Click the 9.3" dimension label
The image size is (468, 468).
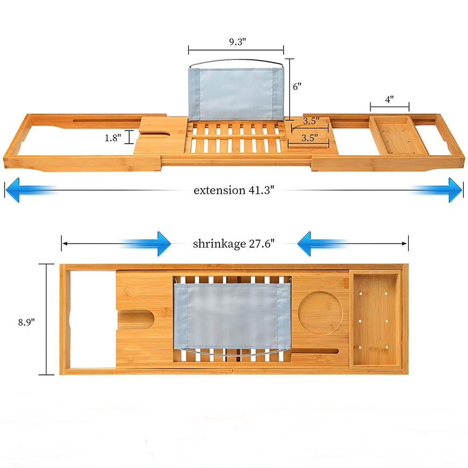tap(238, 42)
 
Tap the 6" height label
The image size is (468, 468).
tap(297, 87)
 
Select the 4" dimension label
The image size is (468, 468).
tap(389, 99)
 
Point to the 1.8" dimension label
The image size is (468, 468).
tap(113, 138)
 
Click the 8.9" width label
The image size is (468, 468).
tap(26, 322)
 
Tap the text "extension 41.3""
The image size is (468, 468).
tap(234, 190)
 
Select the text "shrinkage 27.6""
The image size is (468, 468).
tap(234, 244)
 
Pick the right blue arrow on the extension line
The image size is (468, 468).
tap(437, 190)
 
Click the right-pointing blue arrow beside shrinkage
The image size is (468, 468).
tap(146, 243)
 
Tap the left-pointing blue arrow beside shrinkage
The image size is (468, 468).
tap(322, 243)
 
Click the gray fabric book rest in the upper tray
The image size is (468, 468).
tap(236, 94)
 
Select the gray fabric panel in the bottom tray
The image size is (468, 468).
tap(232, 316)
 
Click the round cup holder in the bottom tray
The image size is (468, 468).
tap(321, 314)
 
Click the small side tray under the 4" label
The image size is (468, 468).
tap(398, 136)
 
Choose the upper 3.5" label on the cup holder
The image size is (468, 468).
tap(311, 121)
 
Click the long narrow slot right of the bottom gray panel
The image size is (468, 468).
tap(315, 351)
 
